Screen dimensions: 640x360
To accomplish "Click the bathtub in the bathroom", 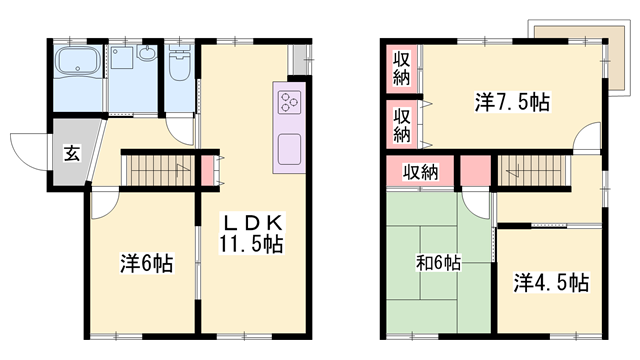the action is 78,61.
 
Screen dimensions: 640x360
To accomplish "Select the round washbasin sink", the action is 146,53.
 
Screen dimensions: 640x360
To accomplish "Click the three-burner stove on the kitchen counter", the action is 289,102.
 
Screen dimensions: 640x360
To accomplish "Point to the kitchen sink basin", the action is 289,149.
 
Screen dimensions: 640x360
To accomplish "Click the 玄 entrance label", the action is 72,153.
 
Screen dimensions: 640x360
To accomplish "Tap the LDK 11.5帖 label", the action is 251,233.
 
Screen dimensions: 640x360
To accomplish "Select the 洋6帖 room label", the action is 147,263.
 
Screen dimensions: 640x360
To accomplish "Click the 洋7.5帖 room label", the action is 512,102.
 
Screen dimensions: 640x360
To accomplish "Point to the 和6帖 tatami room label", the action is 438,263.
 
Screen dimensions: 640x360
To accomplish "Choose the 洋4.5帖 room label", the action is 551,282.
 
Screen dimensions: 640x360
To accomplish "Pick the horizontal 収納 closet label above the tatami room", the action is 420,172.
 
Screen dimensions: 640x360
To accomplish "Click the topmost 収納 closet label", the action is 402,69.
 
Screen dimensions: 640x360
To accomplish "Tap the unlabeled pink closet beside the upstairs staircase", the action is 476,171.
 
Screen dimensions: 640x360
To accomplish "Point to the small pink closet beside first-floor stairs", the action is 207,170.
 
